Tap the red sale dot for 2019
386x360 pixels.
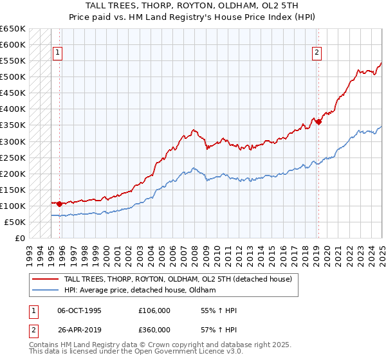click(x=318, y=122)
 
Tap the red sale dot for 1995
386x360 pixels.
click(x=60, y=204)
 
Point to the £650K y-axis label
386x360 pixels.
click(x=13, y=29)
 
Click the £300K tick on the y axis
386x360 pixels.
click(x=13, y=141)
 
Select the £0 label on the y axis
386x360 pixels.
click(x=19, y=238)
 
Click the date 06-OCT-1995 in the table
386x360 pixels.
click(x=79, y=311)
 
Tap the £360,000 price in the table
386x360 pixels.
click(x=154, y=329)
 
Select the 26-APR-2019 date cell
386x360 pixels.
click(x=79, y=329)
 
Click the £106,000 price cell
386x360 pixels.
click(x=154, y=311)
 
